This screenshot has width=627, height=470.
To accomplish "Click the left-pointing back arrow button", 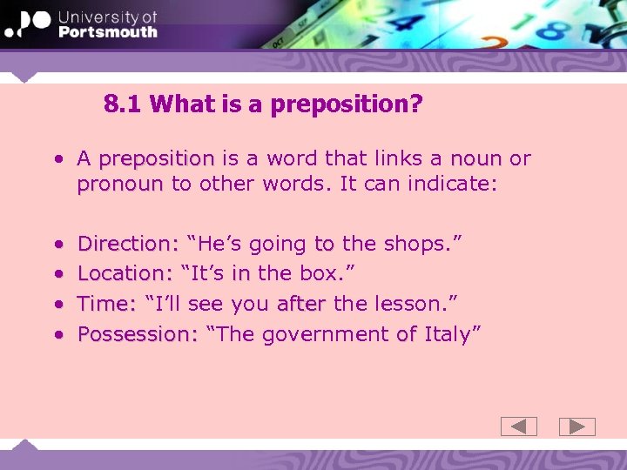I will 519,426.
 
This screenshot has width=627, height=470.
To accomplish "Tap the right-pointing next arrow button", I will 576,426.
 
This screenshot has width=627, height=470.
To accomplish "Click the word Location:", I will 125,273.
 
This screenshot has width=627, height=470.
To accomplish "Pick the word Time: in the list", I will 107,304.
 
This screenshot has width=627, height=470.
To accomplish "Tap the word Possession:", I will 138,334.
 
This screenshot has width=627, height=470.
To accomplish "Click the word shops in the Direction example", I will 419,243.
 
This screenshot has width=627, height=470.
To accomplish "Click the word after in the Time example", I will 301,304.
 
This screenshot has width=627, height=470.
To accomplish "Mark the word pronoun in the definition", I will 120,185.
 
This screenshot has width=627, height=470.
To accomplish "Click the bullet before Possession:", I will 57,334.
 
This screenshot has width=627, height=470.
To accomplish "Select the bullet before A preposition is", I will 57,159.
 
